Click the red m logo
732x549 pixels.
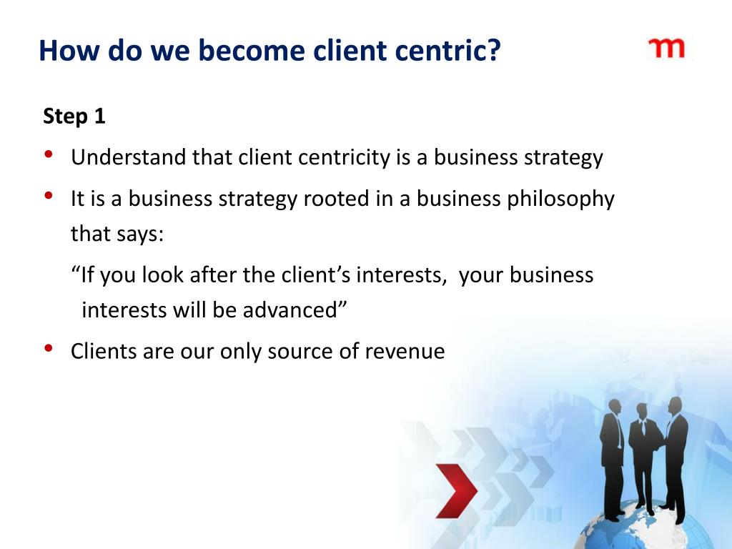[666, 48]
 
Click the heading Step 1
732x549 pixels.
[74, 117]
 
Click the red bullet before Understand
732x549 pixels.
[48, 154]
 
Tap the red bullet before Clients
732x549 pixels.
[48, 348]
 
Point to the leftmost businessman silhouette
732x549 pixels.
[613, 457]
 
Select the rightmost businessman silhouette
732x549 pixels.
[675, 457]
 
